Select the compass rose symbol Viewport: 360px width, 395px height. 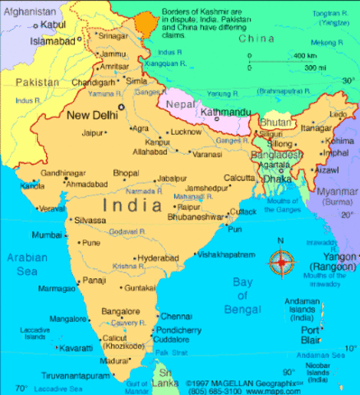coord(282,263)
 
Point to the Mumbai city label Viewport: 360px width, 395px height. coord(47,235)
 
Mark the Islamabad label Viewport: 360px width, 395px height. coord(53,40)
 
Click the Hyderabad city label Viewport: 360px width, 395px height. coord(158,258)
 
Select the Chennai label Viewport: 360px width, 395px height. coord(176,316)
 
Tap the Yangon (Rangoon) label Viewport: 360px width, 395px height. coord(332,262)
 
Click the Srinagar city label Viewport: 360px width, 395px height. coord(113,35)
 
